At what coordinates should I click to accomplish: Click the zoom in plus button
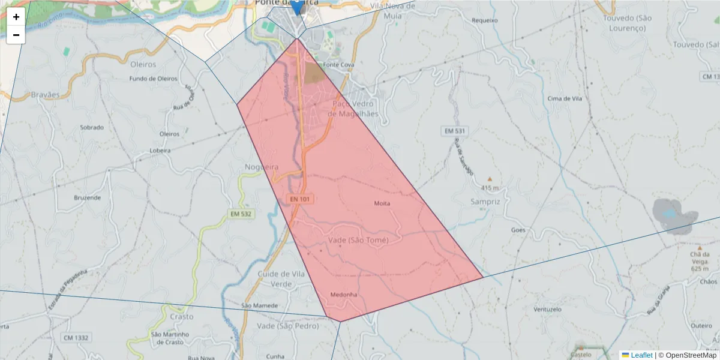coord(16,17)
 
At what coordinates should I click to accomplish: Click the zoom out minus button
coord(16,35)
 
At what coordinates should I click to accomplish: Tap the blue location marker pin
coord(296,6)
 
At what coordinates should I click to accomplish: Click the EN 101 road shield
coord(301,199)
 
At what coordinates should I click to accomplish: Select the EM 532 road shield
coord(241,214)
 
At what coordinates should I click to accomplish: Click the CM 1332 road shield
coord(76,338)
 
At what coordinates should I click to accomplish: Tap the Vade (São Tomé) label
coord(359,240)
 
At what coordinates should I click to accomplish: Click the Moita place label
coord(382,203)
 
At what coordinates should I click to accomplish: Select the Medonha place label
coord(344,295)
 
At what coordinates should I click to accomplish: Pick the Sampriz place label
coord(485,202)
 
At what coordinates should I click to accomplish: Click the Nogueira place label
coord(262,167)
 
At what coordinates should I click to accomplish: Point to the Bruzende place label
coord(87,197)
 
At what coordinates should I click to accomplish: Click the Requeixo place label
coord(485,20)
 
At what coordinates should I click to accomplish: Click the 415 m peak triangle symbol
coord(490,179)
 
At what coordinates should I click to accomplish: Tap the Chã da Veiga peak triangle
coord(700,247)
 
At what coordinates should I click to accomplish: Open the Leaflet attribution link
coord(641,355)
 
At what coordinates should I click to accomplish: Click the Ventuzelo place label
coord(547,310)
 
